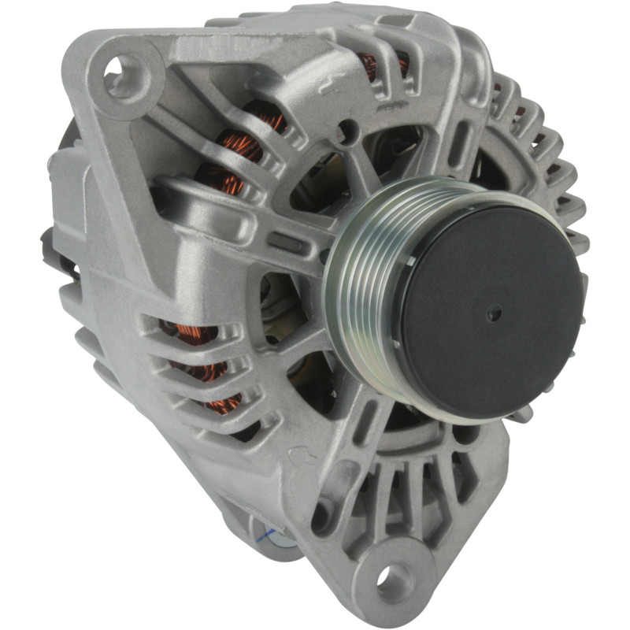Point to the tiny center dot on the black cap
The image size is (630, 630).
494,313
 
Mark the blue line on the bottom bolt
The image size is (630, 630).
268,538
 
